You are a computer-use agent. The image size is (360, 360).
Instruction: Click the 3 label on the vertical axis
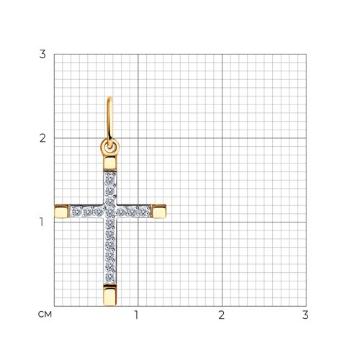pos(42,54)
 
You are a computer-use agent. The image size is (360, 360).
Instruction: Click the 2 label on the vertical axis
pos(42,138)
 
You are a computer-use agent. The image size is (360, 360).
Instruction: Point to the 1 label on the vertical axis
pos(42,222)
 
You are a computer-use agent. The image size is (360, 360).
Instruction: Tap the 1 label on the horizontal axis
pos(137,315)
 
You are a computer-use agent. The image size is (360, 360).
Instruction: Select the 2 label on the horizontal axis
pos(222,315)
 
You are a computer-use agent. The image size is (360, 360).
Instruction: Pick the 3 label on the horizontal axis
pos(305,315)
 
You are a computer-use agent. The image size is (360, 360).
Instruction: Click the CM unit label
pos(45,315)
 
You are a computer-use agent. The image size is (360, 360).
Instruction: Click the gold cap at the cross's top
pos(110,163)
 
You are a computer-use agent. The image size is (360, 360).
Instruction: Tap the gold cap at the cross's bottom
pos(110,295)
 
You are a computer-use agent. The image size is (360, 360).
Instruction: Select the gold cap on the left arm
pos(62,212)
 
